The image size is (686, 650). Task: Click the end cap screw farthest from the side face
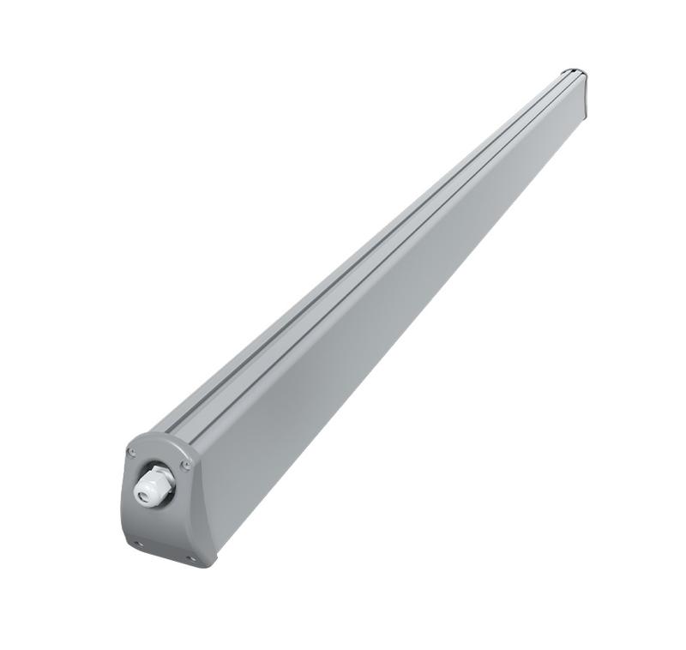[x=131, y=453]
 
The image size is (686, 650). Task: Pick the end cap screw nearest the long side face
[x=185, y=464]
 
